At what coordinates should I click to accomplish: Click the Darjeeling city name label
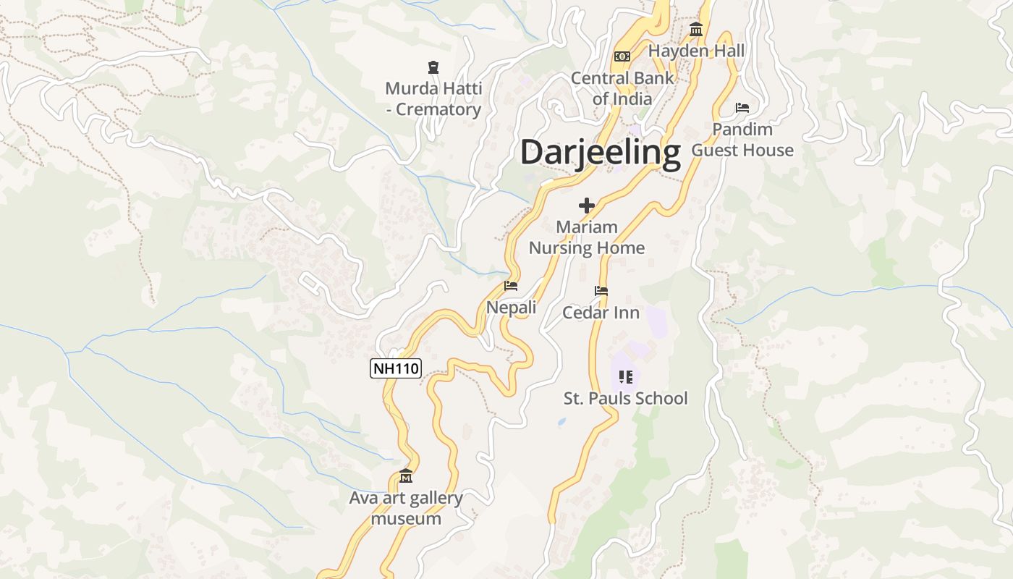(600, 153)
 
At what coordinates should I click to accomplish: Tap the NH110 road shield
(395, 368)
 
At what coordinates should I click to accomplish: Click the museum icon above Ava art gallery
(406, 476)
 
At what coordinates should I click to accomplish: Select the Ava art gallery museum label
(406, 508)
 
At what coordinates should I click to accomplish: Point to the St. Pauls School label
(625, 398)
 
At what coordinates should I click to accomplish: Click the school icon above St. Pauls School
(626, 376)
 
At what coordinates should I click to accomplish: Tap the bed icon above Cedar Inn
(601, 291)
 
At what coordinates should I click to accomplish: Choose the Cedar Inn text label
(601, 313)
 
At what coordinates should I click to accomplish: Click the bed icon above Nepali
(511, 286)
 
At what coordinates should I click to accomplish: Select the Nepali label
(511, 308)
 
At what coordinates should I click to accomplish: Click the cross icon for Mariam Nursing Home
(586, 206)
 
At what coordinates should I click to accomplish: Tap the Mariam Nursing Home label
(586, 237)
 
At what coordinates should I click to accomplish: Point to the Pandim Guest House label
(742, 140)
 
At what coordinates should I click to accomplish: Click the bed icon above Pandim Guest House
(742, 108)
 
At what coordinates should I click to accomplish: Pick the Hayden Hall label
(696, 51)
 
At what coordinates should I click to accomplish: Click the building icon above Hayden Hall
(696, 29)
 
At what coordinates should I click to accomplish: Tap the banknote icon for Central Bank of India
(622, 56)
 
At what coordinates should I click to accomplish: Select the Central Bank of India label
(622, 88)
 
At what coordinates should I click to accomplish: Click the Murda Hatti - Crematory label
(433, 99)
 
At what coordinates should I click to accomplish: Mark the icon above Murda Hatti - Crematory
(433, 67)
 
